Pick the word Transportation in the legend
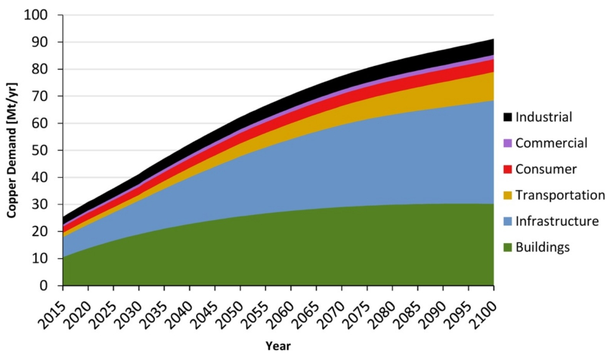(x=560, y=195)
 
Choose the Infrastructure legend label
(x=557, y=221)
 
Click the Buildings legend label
(x=543, y=247)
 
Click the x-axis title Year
(x=278, y=346)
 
